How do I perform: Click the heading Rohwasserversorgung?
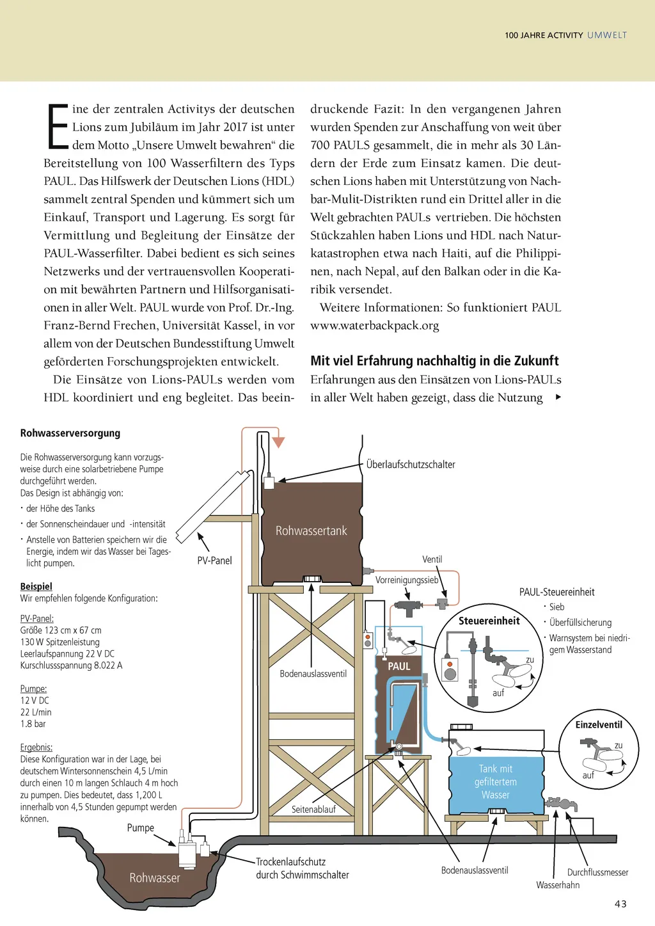[70, 433]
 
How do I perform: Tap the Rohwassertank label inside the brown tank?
[311, 531]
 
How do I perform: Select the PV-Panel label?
[214, 561]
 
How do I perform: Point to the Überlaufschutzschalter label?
[411, 465]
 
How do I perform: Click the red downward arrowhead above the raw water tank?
[278, 442]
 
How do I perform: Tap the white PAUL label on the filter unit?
[399, 666]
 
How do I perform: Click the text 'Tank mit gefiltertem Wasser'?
[496, 781]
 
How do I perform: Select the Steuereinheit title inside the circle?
[489, 621]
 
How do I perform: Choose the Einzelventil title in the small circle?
[599, 724]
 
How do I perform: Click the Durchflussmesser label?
[597, 872]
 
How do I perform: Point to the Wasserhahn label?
[558, 885]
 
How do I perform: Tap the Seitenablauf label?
[313, 810]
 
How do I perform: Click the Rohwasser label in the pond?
[155, 878]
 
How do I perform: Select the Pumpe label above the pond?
[141, 827]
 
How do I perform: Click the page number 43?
[620, 904]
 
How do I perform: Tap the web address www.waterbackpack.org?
[375, 325]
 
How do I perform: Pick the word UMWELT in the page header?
[607, 35]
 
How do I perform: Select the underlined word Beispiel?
[36, 586]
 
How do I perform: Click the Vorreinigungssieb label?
[407, 580]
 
